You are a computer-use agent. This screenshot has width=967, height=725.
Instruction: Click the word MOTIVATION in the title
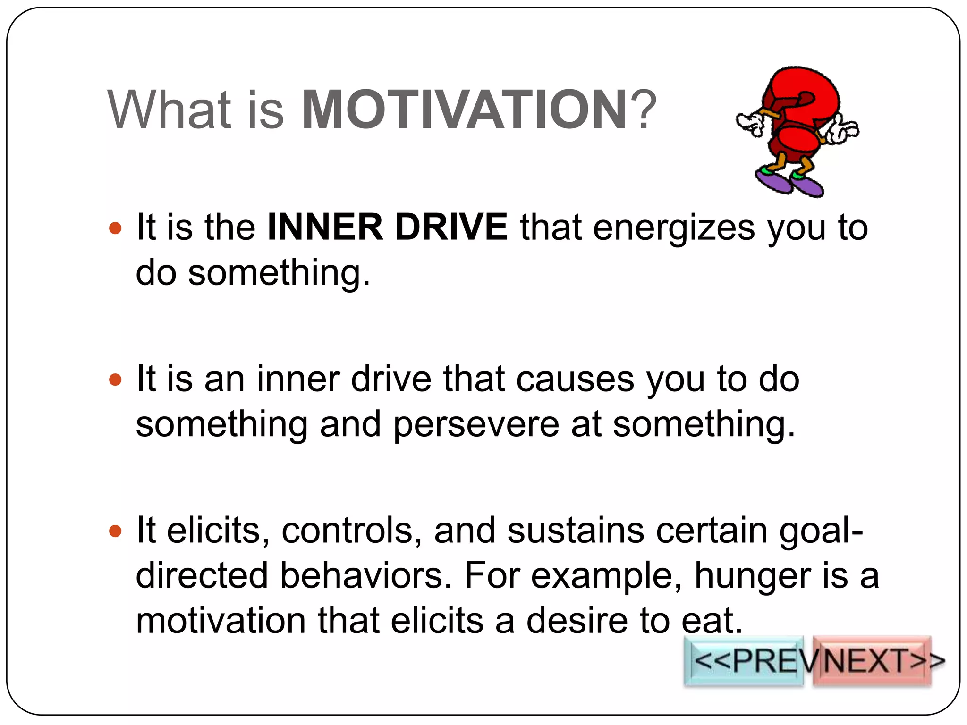464,110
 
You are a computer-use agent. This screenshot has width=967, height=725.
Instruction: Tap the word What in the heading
170,110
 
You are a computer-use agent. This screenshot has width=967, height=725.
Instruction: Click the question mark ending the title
643,110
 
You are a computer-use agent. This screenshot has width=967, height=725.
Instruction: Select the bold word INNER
325,228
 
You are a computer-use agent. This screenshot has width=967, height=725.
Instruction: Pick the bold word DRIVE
451,228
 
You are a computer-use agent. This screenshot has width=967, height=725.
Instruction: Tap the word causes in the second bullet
575,379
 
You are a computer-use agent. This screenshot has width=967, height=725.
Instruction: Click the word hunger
753,577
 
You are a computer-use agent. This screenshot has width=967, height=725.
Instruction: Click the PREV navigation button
744,661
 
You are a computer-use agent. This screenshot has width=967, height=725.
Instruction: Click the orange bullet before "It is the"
115,229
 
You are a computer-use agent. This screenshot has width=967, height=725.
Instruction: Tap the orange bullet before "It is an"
115,379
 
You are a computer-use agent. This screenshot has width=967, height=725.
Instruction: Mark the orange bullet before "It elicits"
115,531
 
